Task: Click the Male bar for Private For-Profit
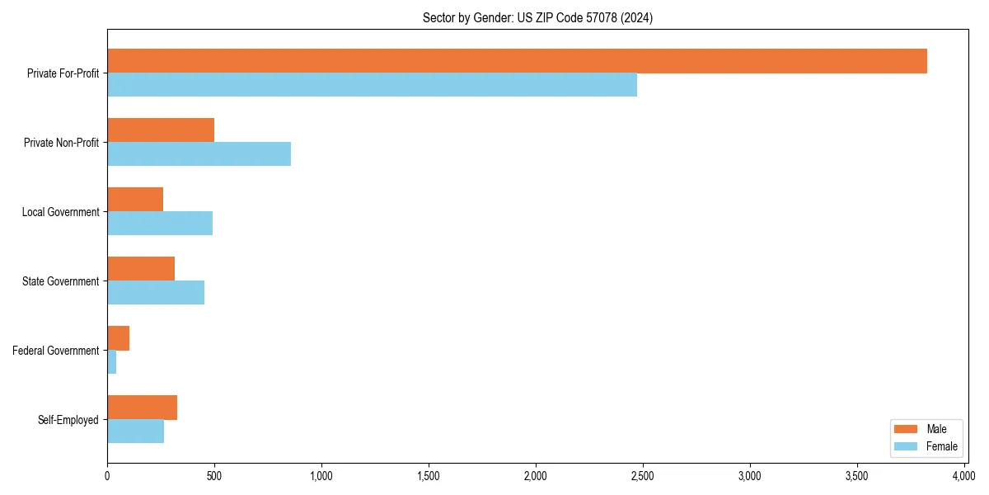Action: coord(517,61)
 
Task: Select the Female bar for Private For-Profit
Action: coord(372,85)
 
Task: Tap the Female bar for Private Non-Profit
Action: coord(199,154)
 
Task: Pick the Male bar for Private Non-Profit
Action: coord(161,130)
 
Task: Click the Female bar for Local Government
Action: coord(160,224)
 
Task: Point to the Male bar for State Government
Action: coord(141,269)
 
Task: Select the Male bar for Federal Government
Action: coord(118,338)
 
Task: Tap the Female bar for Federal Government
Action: coord(112,362)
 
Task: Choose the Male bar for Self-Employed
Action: coord(142,408)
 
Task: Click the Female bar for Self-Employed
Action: coord(135,431)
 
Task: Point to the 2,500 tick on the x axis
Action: coord(643,476)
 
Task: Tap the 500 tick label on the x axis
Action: coord(214,476)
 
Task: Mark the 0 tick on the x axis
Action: coord(107,476)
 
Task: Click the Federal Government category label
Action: coord(56,351)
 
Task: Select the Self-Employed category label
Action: coord(68,420)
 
